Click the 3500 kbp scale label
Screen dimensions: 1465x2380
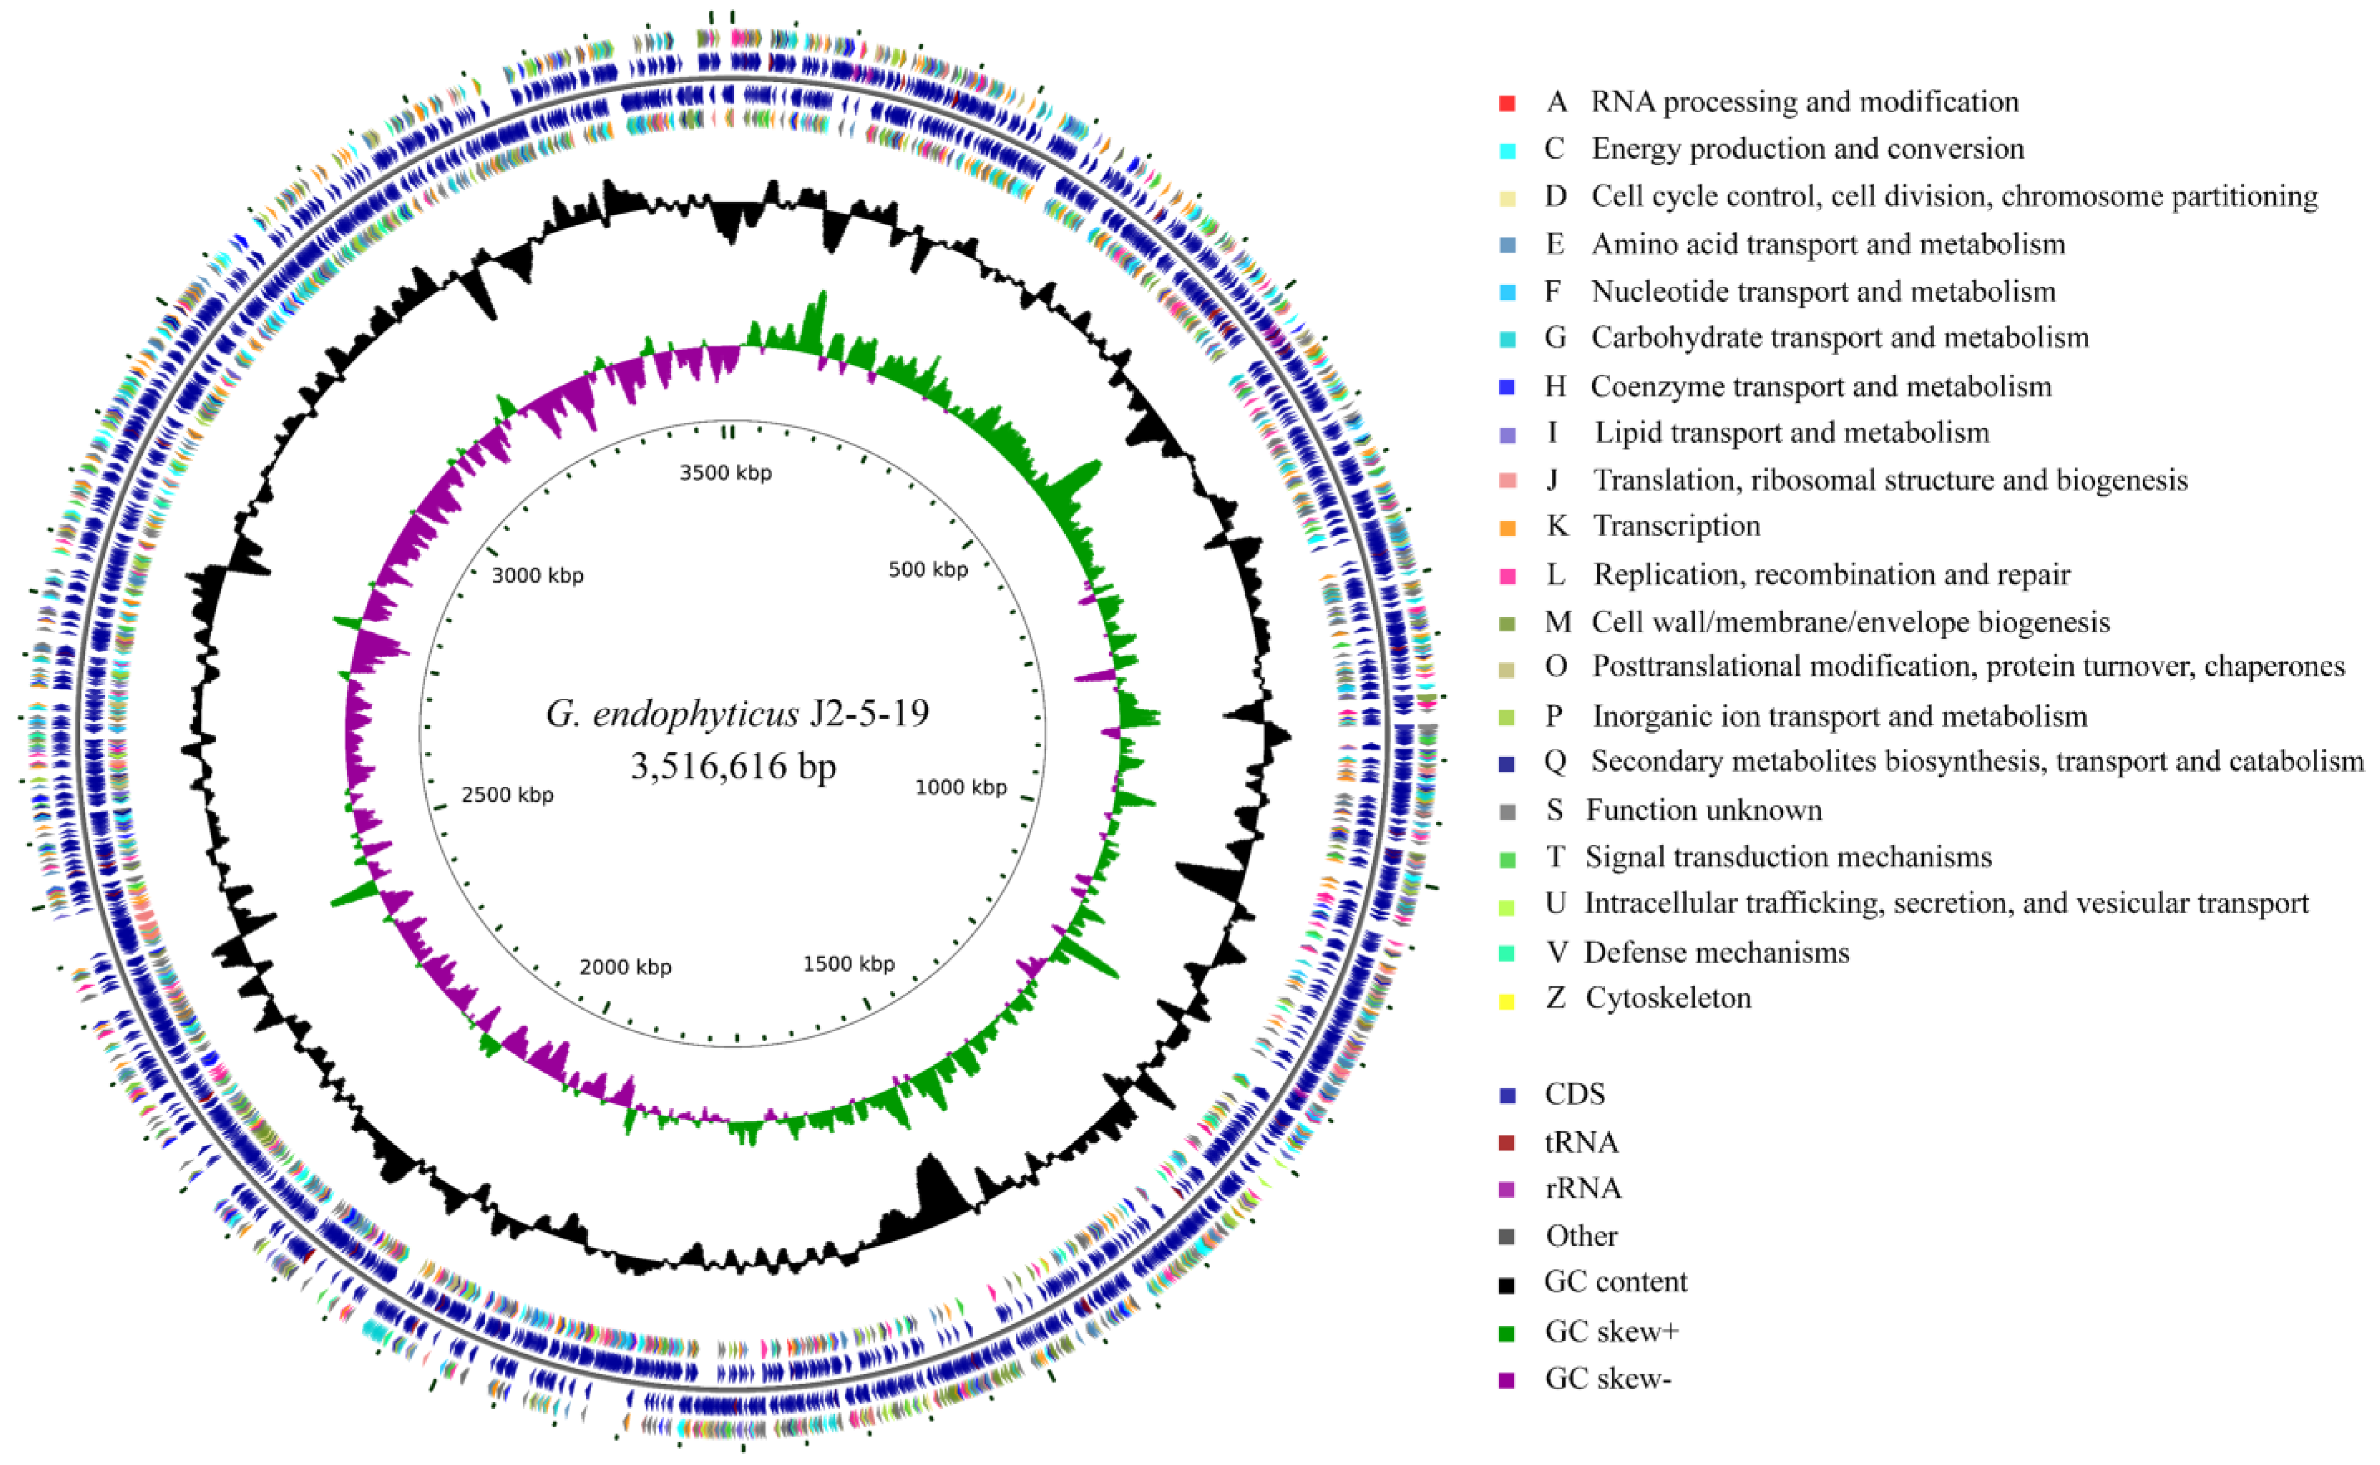tap(725, 473)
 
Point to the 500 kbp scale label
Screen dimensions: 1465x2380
tap(928, 570)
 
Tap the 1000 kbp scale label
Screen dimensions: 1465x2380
tap(961, 788)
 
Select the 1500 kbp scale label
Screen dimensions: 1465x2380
tap(849, 964)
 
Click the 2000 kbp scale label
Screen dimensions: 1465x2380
tap(626, 967)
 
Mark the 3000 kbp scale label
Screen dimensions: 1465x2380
tap(538, 575)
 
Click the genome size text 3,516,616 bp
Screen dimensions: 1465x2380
tap(733, 766)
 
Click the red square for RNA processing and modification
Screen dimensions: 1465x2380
tap(1506, 103)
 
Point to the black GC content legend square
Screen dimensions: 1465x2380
tap(1506, 1286)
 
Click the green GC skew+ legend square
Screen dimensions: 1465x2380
tap(1506, 1333)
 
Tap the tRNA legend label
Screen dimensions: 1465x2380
tap(1581, 1142)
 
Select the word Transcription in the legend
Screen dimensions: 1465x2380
tap(1677, 526)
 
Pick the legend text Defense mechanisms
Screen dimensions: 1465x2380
tap(1717, 953)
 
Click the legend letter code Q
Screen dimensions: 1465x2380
tap(1555, 762)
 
